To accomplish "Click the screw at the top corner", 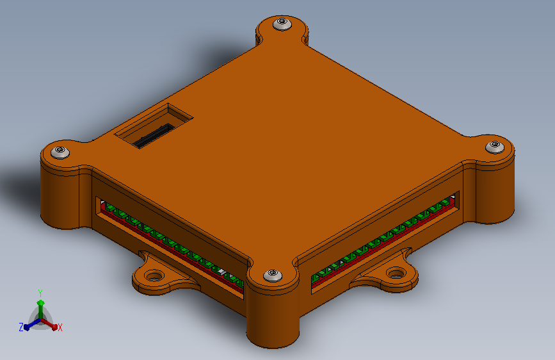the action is pos(282,24).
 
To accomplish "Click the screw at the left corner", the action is pos(60,152).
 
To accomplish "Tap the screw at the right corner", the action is pos(494,147).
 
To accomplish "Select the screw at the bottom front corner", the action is pos(273,275).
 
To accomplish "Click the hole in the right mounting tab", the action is pos(396,273).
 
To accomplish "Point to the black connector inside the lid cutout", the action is pos(153,136).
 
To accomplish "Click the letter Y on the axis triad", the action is pos(40,293).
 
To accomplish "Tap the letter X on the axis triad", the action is pos(60,327).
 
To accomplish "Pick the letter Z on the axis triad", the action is pos(21,327).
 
